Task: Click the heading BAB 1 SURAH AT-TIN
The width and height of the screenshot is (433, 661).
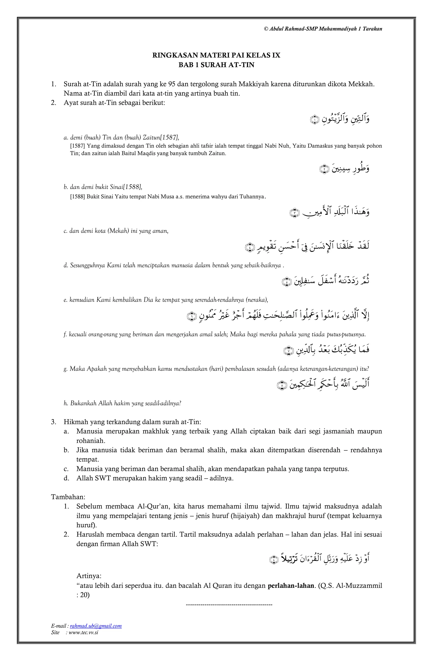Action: pyautogui.click(x=216, y=65)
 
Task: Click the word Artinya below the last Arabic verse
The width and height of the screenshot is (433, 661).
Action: pyautogui.click(x=89, y=576)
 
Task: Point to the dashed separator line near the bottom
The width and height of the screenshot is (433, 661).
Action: pyautogui.click(x=229, y=604)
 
